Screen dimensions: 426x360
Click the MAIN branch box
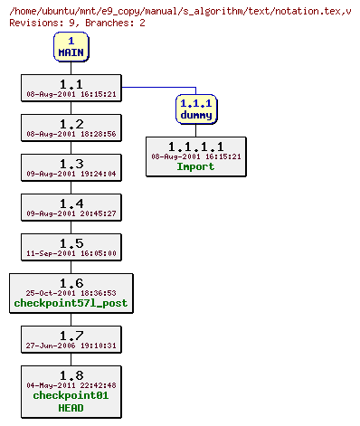click(x=71, y=47)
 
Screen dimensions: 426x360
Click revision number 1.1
click(x=71, y=83)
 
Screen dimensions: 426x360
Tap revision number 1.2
click(x=71, y=123)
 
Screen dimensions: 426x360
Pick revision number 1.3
click(x=71, y=163)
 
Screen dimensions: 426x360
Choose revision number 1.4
click(x=71, y=203)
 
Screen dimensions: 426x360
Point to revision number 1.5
click(x=71, y=242)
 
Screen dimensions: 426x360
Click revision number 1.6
click(x=71, y=282)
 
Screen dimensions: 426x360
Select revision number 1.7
click(x=71, y=335)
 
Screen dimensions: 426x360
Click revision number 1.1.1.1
click(x=195, y=146)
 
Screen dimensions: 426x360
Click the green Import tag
click(x=195, y=166)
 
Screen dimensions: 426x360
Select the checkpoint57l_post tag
click(x=71, y=304)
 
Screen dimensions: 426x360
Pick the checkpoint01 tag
click(x=71, y=395)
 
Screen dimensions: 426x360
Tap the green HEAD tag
click(x=71, y=408)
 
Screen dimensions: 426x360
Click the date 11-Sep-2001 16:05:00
click(x=71, y=254)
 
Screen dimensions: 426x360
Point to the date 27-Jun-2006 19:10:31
click(x=71, y=346)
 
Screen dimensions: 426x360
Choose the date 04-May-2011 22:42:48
click(x=71, y=385)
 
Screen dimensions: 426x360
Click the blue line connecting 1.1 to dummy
click(x=158, y=87)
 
